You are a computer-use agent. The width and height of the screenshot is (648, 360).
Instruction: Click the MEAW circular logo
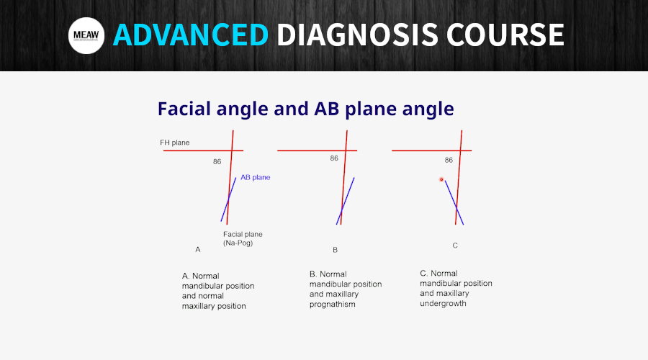86,35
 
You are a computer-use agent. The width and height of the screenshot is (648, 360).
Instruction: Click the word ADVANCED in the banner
191,35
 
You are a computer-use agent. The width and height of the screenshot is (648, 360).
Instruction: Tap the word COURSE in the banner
505,35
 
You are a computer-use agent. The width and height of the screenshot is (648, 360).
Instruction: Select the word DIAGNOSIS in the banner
357,35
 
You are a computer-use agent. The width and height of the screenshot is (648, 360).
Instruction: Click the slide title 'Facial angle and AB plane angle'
306,109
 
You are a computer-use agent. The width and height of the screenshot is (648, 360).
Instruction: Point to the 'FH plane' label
175,143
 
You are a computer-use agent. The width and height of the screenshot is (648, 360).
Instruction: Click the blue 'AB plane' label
256,177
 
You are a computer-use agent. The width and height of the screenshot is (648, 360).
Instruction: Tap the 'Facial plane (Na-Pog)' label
243,238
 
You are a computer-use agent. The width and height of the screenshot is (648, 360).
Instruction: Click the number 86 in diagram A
217,161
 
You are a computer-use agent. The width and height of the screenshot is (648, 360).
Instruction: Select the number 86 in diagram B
334,158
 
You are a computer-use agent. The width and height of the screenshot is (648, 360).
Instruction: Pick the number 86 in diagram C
449,160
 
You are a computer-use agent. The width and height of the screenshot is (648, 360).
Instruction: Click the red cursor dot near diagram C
441,179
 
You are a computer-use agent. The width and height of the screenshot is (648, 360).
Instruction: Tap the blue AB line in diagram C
454,202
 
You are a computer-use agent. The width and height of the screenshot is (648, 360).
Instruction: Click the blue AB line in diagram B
346,201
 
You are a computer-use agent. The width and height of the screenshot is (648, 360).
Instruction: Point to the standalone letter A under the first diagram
198,250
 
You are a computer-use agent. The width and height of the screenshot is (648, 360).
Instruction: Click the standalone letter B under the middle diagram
335,250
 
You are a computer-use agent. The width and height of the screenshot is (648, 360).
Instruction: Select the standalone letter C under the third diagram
455,246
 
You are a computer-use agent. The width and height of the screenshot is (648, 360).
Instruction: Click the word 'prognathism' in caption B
332,305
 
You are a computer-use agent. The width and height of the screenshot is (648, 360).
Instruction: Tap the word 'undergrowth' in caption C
443,303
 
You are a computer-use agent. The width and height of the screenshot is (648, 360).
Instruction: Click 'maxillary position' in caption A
214,306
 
